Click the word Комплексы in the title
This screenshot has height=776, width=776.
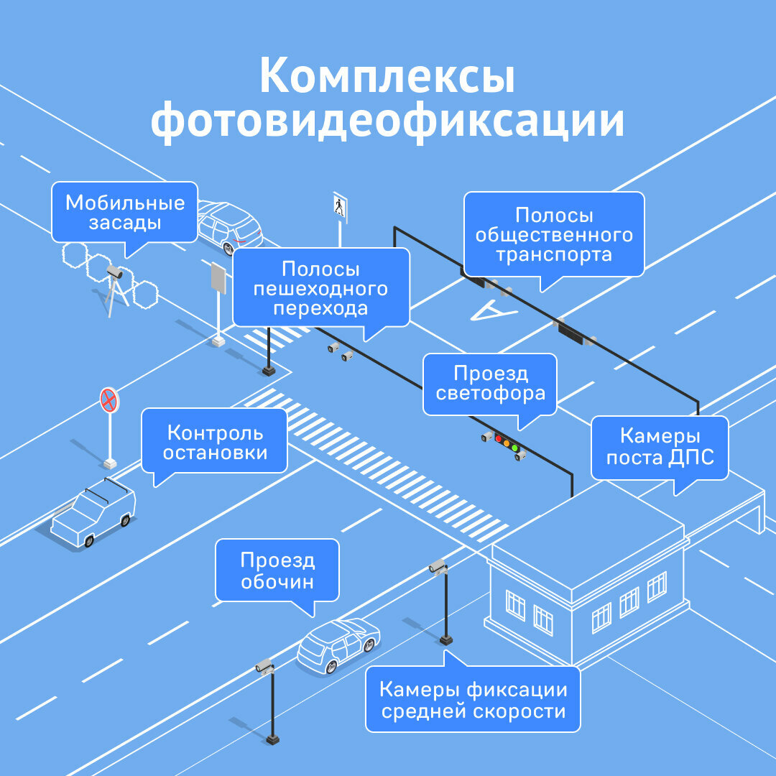[387, 77]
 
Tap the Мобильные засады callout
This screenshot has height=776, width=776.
[125, 213]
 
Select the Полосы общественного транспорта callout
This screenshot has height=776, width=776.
[553, 234]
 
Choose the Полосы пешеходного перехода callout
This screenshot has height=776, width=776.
[320, 288]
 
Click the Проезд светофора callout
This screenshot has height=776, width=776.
[490, 384]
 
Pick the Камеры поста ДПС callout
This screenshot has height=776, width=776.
[660, 447]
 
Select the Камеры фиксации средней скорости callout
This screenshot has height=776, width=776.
[473, 700]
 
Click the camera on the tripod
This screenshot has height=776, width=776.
[115, 273]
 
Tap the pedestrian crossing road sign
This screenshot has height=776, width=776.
[339, 206]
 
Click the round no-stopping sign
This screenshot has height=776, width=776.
[108, 399]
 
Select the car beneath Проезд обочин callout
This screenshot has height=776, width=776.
[338, 644]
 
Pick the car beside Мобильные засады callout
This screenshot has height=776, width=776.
[228, 226]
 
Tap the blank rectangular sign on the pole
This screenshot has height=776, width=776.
[218, 278]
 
